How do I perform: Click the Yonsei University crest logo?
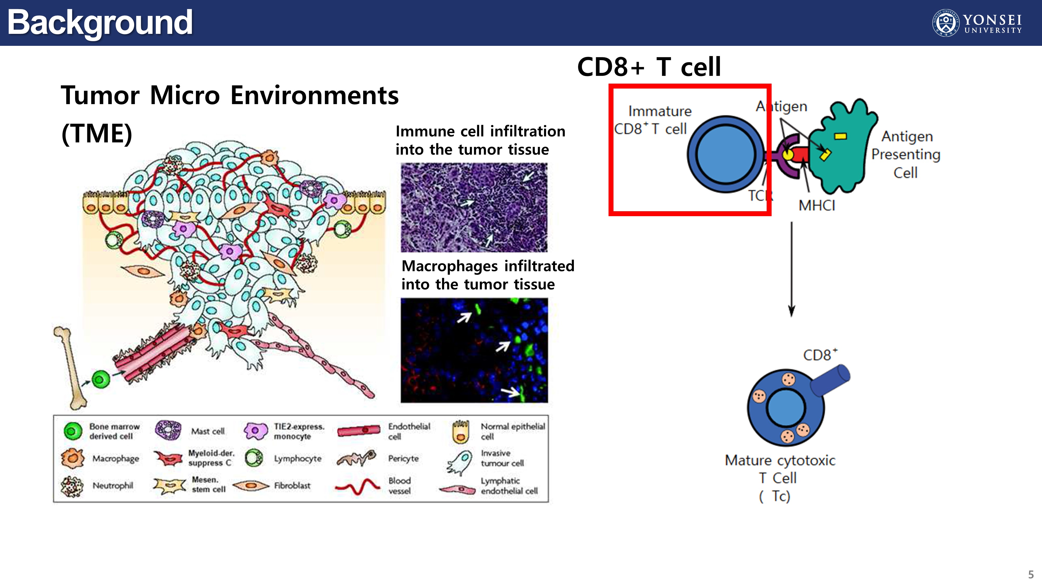[945, 23]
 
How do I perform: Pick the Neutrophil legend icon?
[72, 486]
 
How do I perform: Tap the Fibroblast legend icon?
[250, 485]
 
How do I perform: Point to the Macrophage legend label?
[116, 459]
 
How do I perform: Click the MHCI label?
[816, 205]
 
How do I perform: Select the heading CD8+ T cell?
[649, 67]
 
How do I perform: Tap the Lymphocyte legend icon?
[254, 458]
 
